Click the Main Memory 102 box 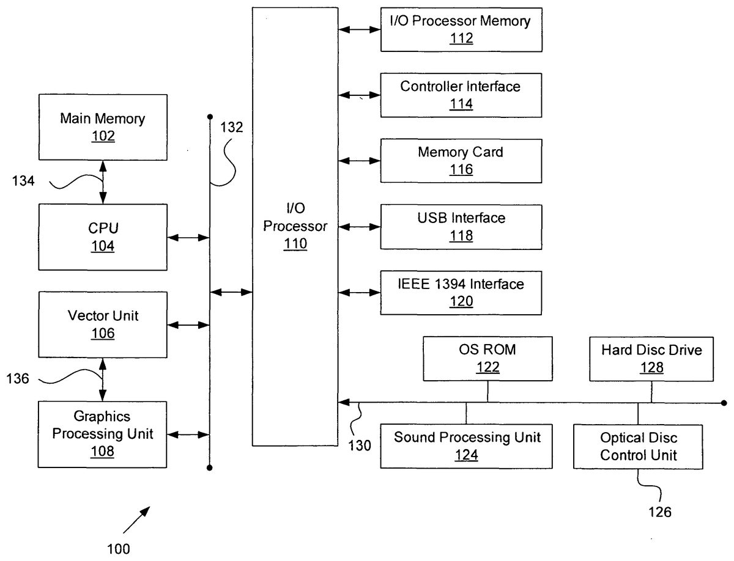(103, 127)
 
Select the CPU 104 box (103, 237)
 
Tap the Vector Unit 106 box (103, 324)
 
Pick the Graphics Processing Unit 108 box (103, 434)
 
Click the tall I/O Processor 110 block (295, 227)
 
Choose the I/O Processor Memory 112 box (461, 30)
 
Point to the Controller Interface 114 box (461, 95)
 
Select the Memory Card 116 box (461, 161)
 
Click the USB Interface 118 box (461, 226)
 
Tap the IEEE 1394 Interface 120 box (461, 292)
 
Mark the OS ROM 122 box (487, 359)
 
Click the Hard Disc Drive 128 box (651, 359)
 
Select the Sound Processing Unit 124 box (466, 446)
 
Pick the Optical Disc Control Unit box (638, 446)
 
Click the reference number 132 (232, 128)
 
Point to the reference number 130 (360, 446)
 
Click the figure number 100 (119, 548)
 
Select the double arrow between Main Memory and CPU (103, 182)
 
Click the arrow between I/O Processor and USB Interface (359, 227)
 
